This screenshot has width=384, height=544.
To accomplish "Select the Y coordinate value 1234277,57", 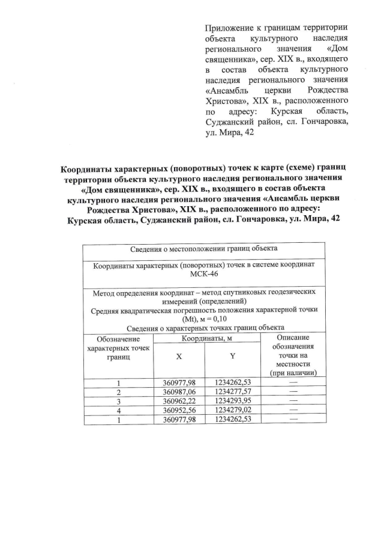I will pyautogui.click(x=233, y=391).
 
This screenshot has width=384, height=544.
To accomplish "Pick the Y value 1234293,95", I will pyautogui.click(x=233, y=400).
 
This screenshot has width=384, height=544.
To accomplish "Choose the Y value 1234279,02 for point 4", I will pyautogui.click(x=233, y=410).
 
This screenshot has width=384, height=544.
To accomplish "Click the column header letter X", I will pyautogui.click(x=179, y=356).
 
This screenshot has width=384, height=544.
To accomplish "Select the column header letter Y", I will pyautogui.click(x=232, y=356).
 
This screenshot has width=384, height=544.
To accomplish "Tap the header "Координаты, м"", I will pyautogui.click(x=208, y=338).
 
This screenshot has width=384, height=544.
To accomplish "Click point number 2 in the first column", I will pyautogui.click(x=119, y=391).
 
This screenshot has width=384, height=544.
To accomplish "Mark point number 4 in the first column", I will pyautogui.click(x=119, y=410).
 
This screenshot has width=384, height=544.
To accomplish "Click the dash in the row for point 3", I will pyautogui.click(x=293, y=400).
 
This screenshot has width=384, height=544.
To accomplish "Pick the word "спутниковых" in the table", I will pyautogui.click(x=236, y=293).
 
